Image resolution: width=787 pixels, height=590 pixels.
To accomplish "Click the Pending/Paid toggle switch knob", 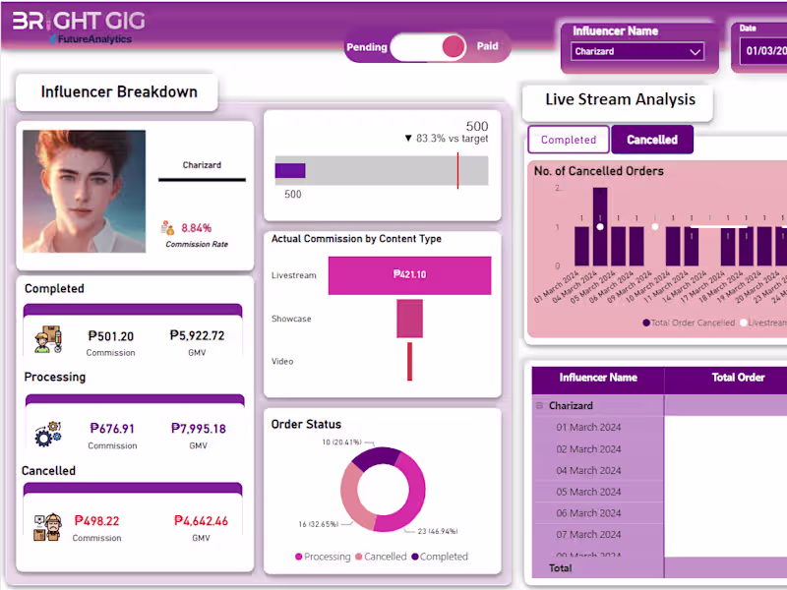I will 453,46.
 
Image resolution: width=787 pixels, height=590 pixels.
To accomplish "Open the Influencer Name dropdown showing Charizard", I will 638,51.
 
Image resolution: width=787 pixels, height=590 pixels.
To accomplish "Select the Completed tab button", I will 569,140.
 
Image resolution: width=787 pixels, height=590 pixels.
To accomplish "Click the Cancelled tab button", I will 652,140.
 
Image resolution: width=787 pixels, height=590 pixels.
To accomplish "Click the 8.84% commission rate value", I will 197,227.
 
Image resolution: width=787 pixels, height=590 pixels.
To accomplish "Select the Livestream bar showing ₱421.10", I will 409,275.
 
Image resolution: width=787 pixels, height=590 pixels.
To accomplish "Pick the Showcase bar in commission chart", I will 409,319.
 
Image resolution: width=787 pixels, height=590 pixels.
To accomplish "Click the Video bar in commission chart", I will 409,361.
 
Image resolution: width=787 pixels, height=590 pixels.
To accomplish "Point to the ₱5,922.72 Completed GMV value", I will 197,336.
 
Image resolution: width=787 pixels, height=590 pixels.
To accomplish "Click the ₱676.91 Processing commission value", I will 112,429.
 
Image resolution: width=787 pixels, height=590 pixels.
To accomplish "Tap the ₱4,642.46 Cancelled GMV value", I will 201,521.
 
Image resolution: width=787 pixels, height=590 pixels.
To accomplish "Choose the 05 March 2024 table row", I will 589,492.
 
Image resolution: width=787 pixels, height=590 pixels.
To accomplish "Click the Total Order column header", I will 738,378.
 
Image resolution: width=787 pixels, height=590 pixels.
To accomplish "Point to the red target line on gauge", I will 457,169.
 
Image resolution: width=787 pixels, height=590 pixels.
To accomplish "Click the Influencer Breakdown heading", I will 118,92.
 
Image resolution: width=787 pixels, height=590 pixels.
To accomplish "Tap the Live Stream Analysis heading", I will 620,99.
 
